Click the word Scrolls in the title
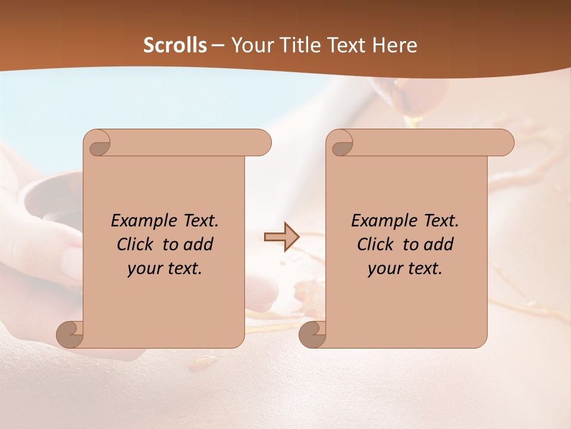(x=175, y=45)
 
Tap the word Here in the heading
(x=394, y=45)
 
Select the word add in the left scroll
(x=199, y=244)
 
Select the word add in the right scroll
(x=439, y=244)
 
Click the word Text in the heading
(x=347, y=45)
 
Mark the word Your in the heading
(x=251, y=45)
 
